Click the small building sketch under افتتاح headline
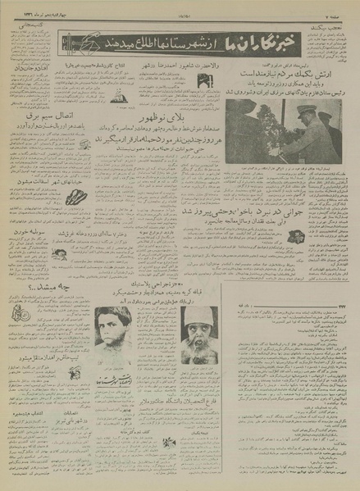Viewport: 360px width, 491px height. click(x=120, y=98)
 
